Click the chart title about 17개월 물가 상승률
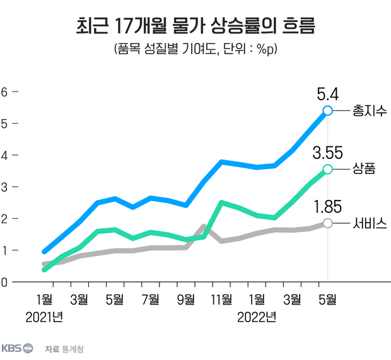[x=195, y=26]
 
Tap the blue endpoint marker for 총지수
[x=327, y=110]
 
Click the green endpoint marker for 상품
[x=327, y=169]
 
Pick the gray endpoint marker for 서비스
[x=327, y=223]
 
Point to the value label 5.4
[x=327, y=95]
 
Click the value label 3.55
[x=327, y=153]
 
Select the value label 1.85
[x=327, y=207]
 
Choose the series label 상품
[x=364, y=169]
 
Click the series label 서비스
[x=370, y=223]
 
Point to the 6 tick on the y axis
[x=4, y=91]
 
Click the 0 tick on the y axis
[x=4, y=282]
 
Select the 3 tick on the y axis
[x=4, y=187]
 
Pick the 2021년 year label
[x=44, y=316]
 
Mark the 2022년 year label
[x=257, y=316]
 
